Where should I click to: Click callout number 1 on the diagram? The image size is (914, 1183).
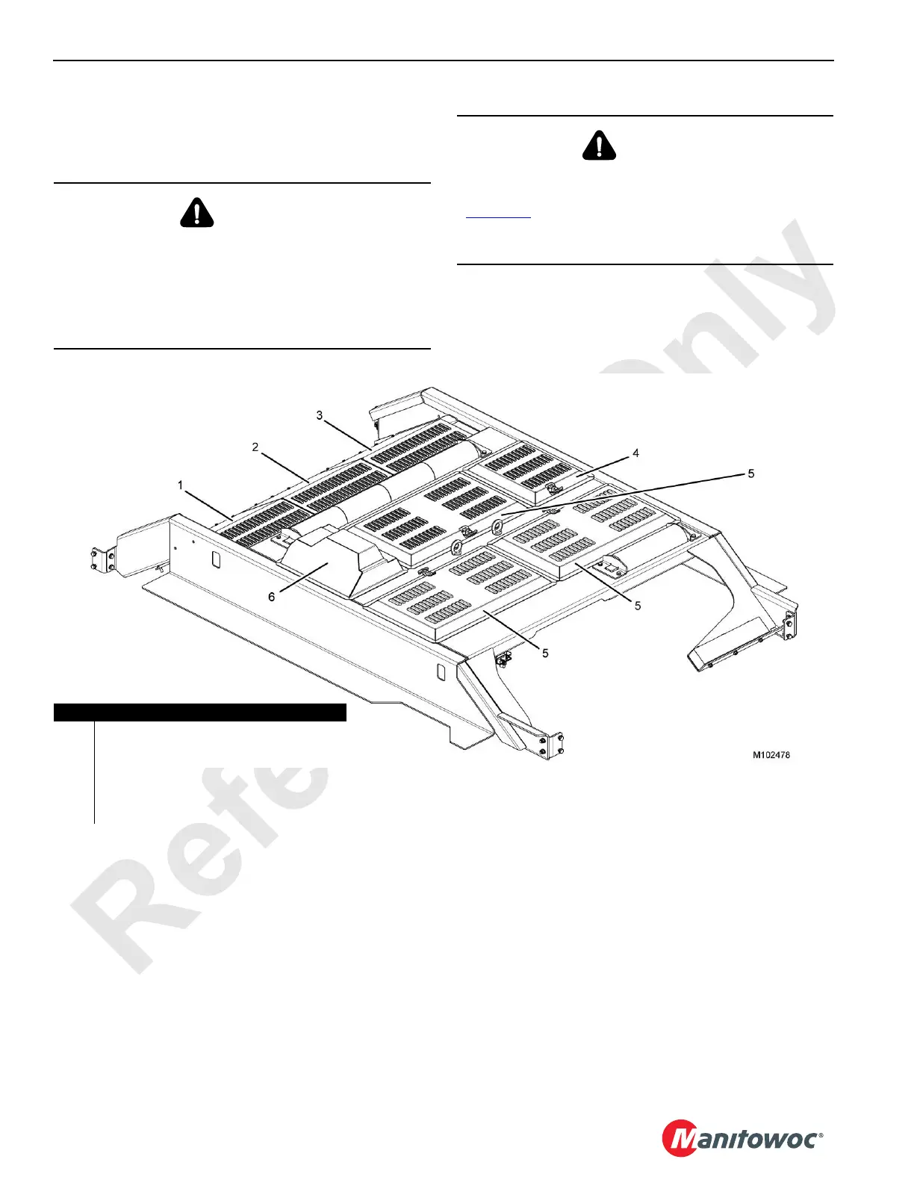click(180, 485)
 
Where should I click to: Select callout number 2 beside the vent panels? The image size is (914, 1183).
click(255, 447)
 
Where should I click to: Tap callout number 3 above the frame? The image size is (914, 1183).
click(320, 415)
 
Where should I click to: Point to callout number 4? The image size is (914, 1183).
click(635, 453)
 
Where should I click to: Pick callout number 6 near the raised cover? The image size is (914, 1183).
click(272, 597)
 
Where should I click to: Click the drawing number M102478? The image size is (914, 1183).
click(771, 755)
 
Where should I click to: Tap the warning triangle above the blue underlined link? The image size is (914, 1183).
click(599, 146)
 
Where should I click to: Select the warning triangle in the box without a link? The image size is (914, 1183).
click(197, 213)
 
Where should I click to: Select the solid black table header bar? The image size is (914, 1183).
click(200, 712)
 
